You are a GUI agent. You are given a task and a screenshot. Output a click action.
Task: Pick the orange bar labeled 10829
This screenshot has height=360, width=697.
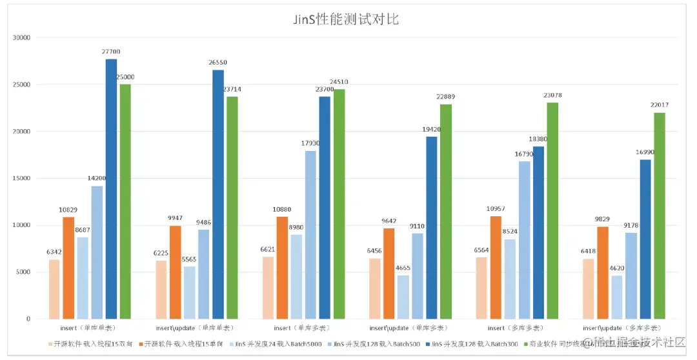(x=68, y=268)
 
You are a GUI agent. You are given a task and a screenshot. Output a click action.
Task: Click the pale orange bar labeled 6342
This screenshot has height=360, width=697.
(x=54, y=289)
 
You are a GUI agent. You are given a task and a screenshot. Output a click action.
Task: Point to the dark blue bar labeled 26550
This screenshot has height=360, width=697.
(x=218, y=194)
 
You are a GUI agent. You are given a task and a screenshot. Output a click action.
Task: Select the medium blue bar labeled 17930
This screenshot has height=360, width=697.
(x=310, y=235)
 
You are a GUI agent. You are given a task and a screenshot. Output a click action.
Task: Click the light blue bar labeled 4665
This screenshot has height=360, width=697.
(x=403, y=297)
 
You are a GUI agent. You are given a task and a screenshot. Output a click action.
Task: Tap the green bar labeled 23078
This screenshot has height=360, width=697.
(x=552, y=210)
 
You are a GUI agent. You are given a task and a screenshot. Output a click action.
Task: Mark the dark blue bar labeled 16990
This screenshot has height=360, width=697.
(x=645, y=239)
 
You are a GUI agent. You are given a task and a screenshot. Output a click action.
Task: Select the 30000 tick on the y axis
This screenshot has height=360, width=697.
(x=21, y=38)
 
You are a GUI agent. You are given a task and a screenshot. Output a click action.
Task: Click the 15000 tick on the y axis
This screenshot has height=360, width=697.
(x=21, y=179)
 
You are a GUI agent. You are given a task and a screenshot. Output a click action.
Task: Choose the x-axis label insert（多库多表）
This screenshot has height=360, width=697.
(x=516, y=328)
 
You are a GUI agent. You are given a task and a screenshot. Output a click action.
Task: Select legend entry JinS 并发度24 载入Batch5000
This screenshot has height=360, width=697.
(x=278, y=344)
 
